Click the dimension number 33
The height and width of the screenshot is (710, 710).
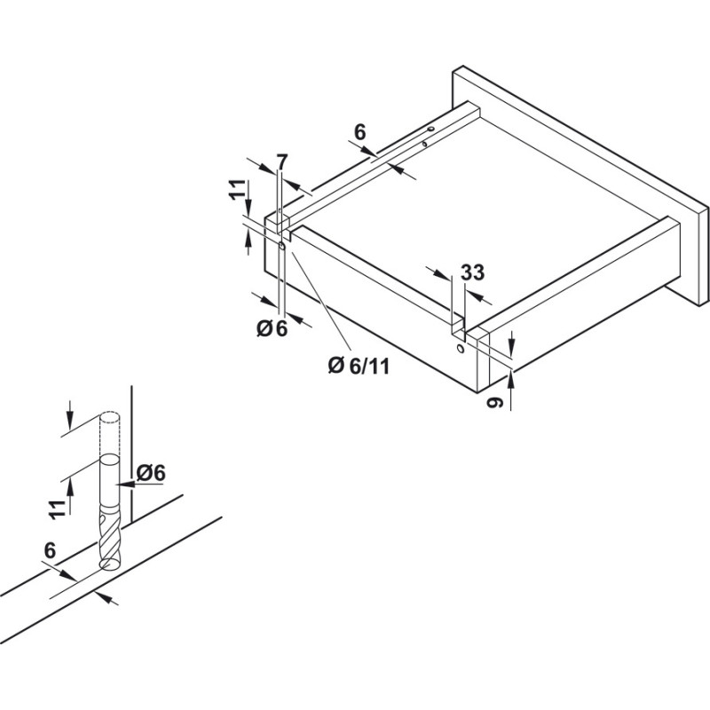click(x=473, y=272)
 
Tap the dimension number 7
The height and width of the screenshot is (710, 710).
click(x=282, y=162)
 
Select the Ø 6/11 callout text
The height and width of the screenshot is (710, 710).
click(x=359, y=366)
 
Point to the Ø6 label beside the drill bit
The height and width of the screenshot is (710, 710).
click(x=151, y=473)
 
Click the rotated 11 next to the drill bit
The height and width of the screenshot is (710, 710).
click(x=58, y=509)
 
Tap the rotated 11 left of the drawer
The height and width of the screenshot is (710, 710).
click(x=236, y=190)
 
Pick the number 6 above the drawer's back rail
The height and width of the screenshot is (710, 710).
click(x=359, y=132)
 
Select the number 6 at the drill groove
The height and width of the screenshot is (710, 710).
click(x=50, y=550)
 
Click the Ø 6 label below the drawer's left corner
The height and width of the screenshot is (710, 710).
click(x=272, y=328)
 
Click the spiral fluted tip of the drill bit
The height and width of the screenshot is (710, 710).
click(x=109, y=538)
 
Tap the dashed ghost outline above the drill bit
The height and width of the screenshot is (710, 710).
click(x=109, y=433)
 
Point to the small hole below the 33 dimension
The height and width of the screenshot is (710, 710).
click(x=461, y=349)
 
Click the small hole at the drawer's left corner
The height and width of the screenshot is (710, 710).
click(x=281, y=247)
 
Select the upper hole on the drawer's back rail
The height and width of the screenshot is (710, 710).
click(x=430, y=129)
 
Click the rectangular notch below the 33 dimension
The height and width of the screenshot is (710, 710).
click(x=459, y=328)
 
